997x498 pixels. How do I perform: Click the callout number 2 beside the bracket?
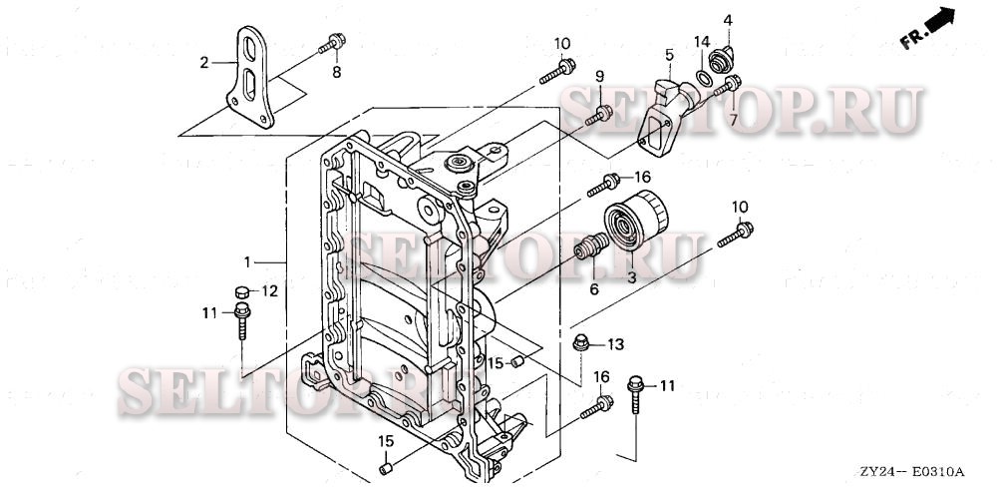point(204,62)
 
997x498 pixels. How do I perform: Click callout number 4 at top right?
point(727,20)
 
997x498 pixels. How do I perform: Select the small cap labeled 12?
point(240,291)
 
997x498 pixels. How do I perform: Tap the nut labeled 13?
point(580,344)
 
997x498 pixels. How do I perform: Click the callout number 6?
point(593,288)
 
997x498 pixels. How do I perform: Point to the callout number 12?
point(269,291)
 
